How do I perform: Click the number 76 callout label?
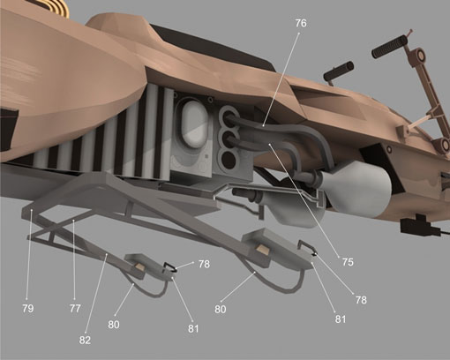pos(301,23)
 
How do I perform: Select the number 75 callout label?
pos(348,262)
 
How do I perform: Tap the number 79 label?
pos(27,309)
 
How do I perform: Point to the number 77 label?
pos(75,309)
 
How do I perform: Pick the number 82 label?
pos(85,341)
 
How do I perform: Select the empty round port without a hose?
pos(228,161)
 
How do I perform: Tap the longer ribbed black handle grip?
pos(389,46)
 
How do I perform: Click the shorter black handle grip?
pos(338,71)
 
